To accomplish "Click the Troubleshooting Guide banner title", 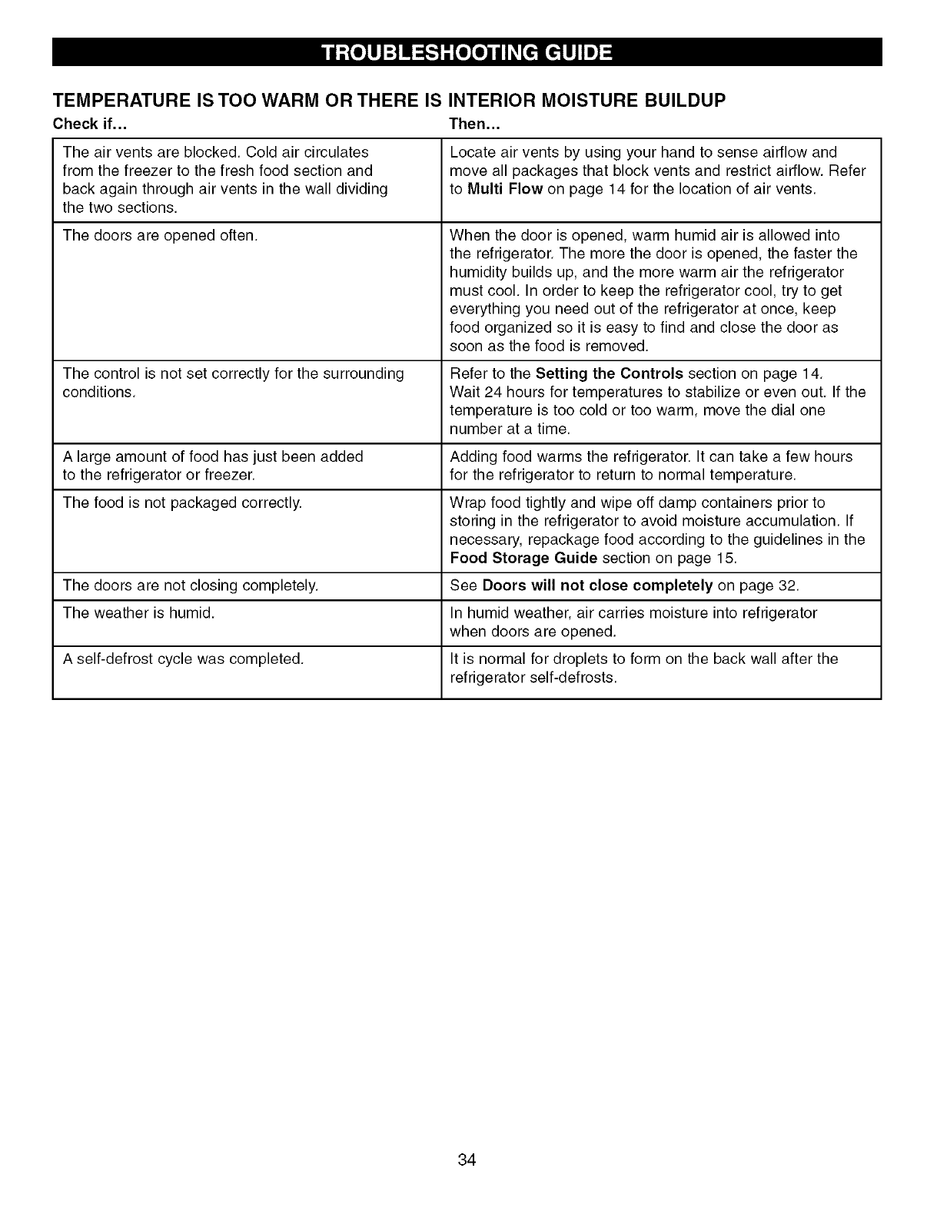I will (x=467, y=52).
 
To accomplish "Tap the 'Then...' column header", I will (x=474, y=124).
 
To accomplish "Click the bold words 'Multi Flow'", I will (x=505, y=189).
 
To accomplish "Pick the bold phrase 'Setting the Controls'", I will (x=609, y=373).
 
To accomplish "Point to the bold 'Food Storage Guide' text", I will (x=523, y=558).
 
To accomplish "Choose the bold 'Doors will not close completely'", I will (x=597, y=586).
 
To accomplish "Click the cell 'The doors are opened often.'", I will (x=160, y=235).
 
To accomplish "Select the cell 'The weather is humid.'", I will (x=138, y=612).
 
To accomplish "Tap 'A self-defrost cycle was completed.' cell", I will (x=183, y=659).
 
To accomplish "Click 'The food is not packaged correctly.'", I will (x=182, y=503).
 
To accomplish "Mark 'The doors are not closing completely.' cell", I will (x=190, y=586).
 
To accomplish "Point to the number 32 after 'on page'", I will (x=787, y=586).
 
